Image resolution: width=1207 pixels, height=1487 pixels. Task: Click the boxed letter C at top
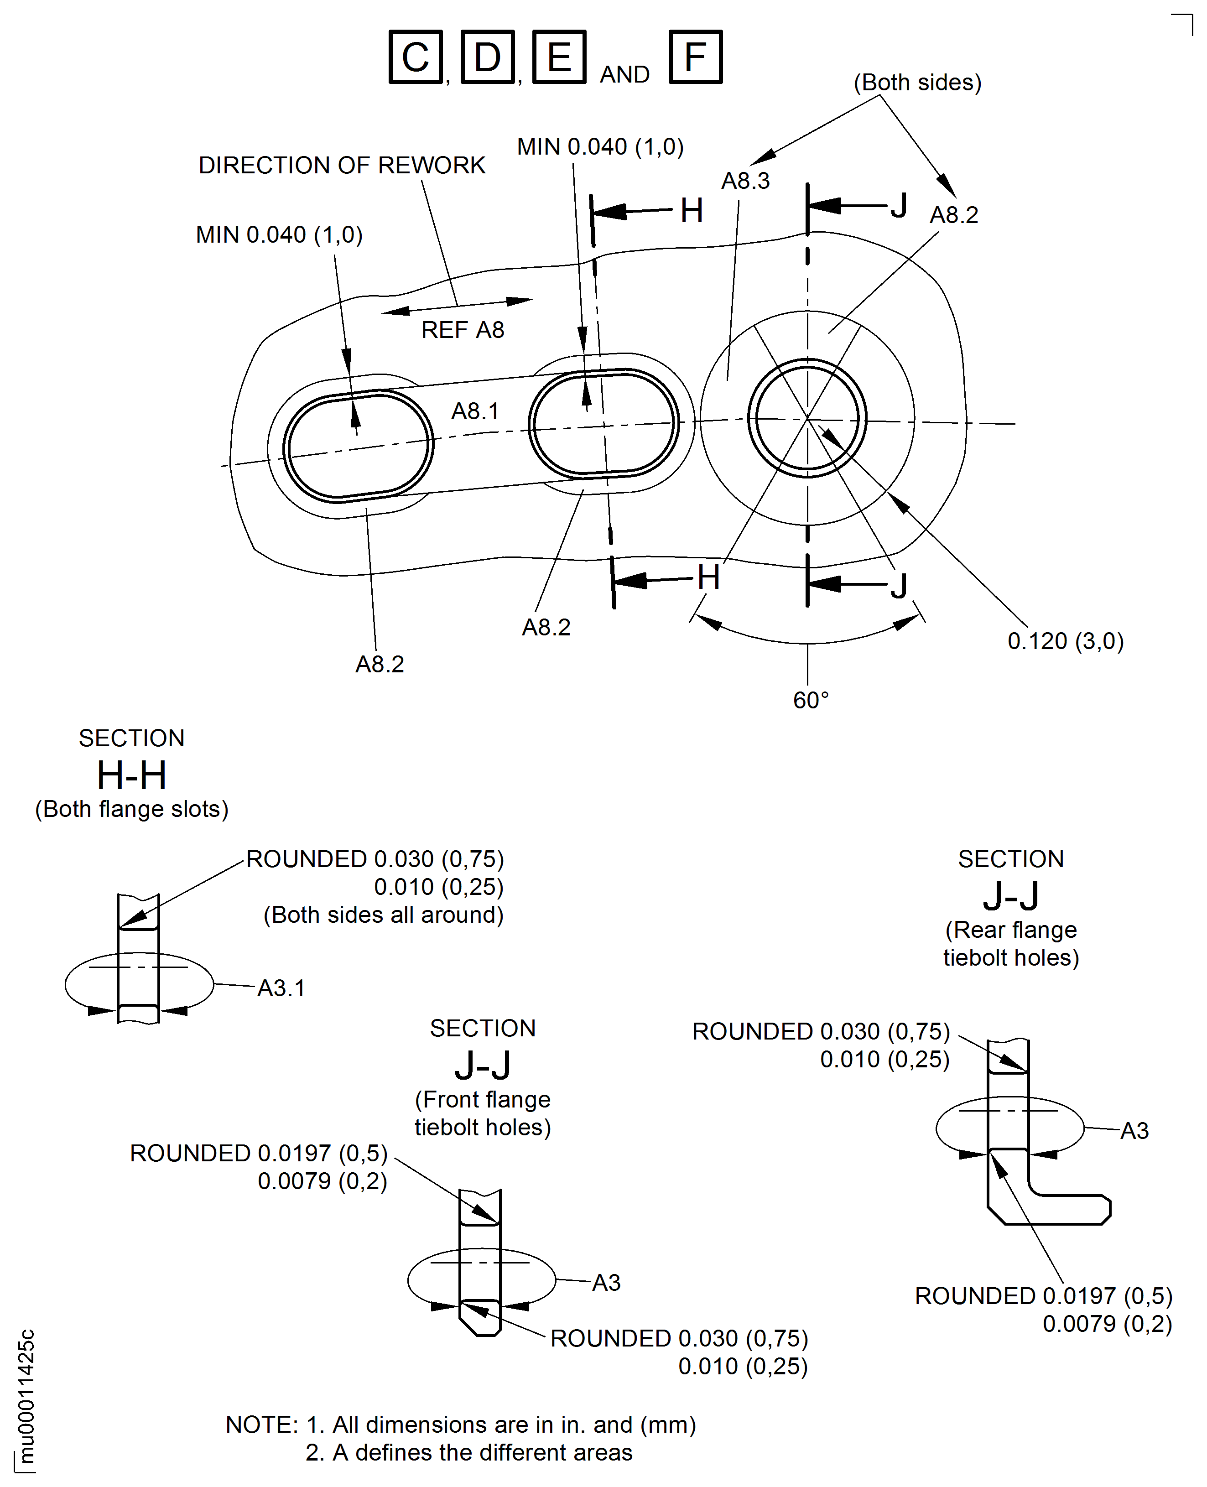click(x=415, y=57)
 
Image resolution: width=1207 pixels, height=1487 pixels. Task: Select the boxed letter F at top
click(x=695, y=57)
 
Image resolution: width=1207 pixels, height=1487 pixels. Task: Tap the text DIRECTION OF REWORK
click(x=341, y=166)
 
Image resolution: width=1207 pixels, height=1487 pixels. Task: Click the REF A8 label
click(x=463, y=329)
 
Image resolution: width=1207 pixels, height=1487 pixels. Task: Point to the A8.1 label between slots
click(x=475, y=411)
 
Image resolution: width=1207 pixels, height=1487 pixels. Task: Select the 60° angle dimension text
click(x=810, y=700)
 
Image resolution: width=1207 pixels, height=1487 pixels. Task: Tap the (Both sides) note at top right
click(x=916, y=83)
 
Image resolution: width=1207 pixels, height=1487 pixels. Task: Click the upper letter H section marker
click(x=691, y=211)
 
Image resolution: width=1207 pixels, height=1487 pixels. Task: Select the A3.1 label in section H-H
click(x=281, y=988)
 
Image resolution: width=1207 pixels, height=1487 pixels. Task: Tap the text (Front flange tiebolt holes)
click(x=483, y=1113)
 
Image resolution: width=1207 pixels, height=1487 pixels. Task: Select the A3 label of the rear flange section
click(x=1134, y=1131)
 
